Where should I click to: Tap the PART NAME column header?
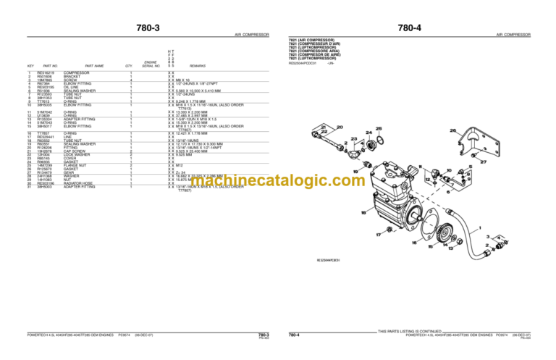[x=94, y=66]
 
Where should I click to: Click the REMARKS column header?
[x=198, y=66]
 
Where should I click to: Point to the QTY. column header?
[x=129, y=66]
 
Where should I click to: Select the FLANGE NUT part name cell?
[x=76, y=165]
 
